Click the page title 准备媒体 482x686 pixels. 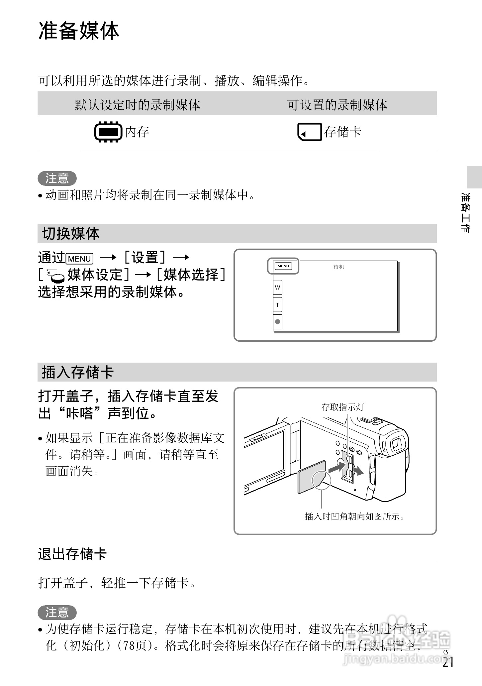click(79, 32)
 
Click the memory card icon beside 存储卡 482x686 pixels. click(309, 132)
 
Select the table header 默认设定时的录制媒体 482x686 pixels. click(138, 105)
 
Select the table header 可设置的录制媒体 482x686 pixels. click(337, 105)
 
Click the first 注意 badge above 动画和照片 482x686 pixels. click(57, 178)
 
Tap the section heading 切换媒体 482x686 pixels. click(70, 234)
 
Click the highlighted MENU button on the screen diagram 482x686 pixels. click(283, 266)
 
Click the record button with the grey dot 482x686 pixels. click(277, 322)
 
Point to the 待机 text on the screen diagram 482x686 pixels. click(338, 267)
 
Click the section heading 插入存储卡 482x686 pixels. click(77, 372)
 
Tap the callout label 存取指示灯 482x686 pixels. click(342, 407)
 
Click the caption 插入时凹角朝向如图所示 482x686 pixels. click(355, 516)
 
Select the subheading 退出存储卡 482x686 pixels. click(72, 554)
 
